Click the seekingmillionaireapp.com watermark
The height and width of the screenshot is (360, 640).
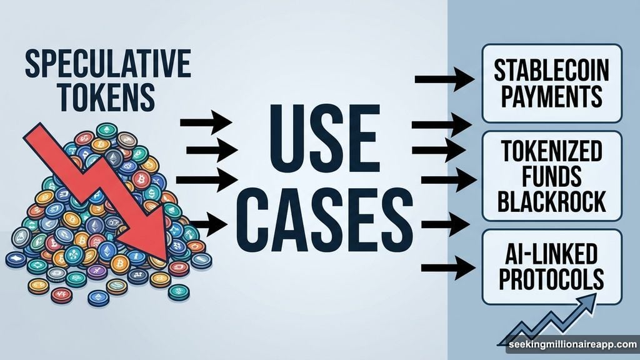572,345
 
